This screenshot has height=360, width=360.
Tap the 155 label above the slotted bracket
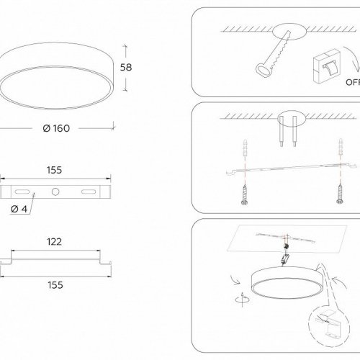tap(53, 171)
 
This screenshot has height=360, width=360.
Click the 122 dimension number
tap(53, 243)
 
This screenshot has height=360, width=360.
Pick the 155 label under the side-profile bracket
tap(53, 284)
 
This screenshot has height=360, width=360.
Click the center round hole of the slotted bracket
tap(55, 192)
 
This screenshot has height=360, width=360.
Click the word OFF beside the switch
tap(351, 81)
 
